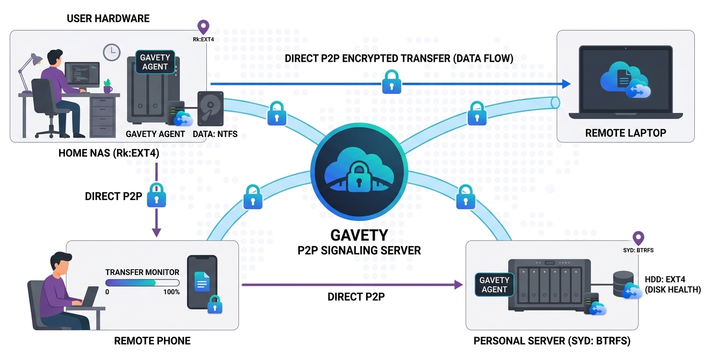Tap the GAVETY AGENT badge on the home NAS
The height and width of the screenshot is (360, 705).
coord(155,62)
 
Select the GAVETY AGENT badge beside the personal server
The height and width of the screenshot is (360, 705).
coord(494,285)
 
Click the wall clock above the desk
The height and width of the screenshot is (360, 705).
coord(112,52)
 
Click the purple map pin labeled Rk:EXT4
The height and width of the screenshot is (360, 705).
coord(203,27)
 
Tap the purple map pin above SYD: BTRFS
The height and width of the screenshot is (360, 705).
coord(638,239)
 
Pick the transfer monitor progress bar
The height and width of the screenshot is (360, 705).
coord(142,283)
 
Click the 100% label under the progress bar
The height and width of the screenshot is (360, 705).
coord(171,292)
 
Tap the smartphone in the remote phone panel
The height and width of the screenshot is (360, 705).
coord(202,282)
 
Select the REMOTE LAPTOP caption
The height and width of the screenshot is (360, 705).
coord(625,133)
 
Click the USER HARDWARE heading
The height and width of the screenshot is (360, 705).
coord(108,19)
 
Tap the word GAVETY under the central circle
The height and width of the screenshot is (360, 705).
coord(359,235)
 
